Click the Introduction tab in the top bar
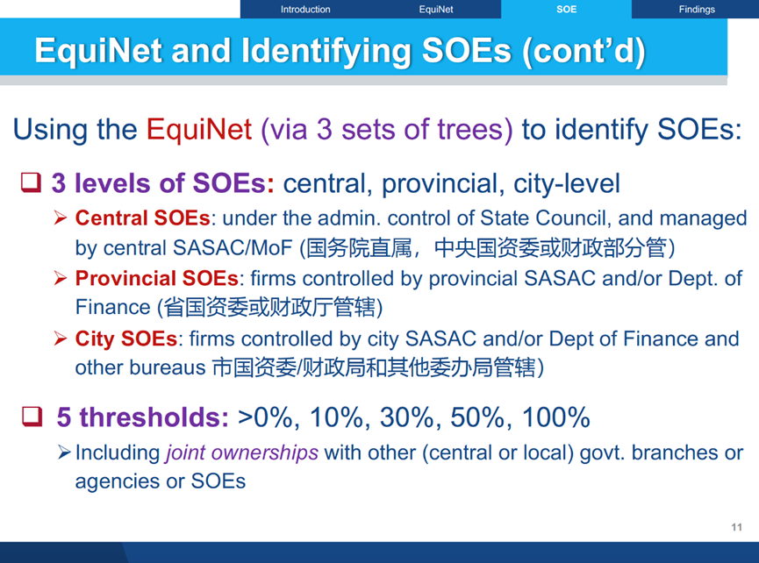(305, 9)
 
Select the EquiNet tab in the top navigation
(435, 9)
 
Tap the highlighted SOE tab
(566, 9)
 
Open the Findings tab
(697, 9)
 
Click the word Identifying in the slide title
(326, 51)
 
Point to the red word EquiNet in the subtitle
(199, 129)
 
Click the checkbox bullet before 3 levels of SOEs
(31, 182)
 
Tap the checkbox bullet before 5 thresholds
(32, 417)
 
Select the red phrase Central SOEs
(143, 218)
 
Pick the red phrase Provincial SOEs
(156, 278)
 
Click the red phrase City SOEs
(125, 339)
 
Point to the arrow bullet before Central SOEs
(61, 218)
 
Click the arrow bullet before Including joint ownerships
(64, 453)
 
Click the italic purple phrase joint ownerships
(242, 453)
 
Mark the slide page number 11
(737, 527)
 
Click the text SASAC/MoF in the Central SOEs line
(233, 248)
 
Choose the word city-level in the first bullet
(566, 184)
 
